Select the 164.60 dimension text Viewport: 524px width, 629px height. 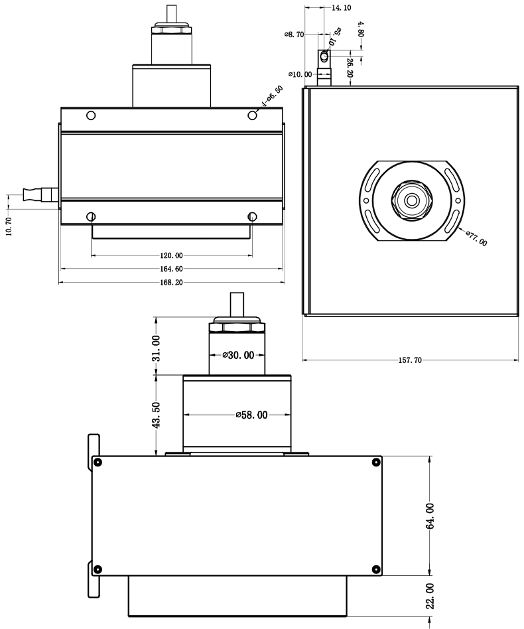171,269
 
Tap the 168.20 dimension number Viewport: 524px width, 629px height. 171,282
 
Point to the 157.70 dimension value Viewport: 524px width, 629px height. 409,361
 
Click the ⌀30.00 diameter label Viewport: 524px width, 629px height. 238,355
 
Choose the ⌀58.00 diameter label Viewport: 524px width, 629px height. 251,415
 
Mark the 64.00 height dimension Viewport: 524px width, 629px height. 430,516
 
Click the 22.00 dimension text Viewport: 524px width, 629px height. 430,596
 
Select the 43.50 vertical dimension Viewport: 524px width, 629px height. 157,415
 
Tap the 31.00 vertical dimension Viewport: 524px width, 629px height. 157,348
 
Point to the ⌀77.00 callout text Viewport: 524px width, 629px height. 476,238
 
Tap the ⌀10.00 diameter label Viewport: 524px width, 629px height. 300,74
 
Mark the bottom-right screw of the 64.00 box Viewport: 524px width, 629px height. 376,568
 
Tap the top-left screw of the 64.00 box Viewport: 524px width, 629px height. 98,462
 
